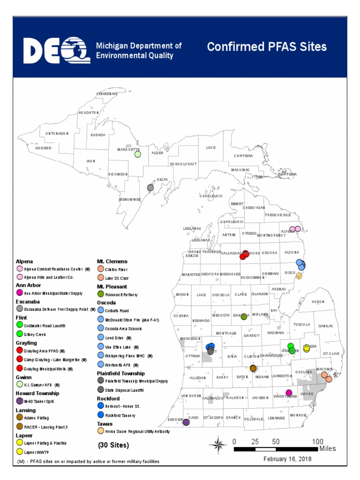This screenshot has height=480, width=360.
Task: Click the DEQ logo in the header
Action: pos(57,50)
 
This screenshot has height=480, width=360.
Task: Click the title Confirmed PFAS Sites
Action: pos(267,47)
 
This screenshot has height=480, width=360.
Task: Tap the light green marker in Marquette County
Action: pos(137,154)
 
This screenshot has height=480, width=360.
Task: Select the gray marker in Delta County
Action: pos(150,187)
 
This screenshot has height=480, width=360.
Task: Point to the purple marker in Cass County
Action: pos(186,422)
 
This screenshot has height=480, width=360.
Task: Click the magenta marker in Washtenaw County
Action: pos(289,392)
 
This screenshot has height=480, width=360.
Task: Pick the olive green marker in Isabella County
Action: pos(244,317)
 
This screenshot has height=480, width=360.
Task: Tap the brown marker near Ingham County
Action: pos(253,368)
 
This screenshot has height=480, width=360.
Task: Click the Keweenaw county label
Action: pos(106,94)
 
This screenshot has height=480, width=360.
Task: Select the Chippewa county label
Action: pos(244,156)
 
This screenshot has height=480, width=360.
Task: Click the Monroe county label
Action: pos(298,415)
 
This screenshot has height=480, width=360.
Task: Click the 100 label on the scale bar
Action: pos(318,441)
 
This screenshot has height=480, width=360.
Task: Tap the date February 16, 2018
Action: pos(287,459)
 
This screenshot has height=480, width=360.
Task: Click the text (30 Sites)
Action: pos(113,444)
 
